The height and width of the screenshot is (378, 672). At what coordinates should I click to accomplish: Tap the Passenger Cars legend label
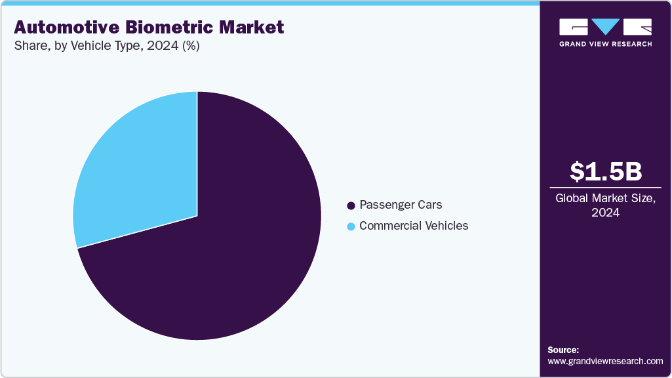coord(401,205)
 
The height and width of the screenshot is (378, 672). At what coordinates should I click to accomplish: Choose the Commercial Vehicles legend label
coord(414,226)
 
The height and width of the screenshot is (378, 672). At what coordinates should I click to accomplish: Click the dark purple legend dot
coord(351,206)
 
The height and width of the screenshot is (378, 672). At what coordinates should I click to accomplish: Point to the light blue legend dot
coord(351,226)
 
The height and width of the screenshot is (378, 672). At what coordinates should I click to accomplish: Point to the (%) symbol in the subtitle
coord(191,46)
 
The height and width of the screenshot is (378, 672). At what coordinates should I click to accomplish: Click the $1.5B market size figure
coord(605,171)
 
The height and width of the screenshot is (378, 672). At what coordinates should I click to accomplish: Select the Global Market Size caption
coord(605,198)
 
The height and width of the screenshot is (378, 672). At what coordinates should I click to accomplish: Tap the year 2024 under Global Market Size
coord(605,213)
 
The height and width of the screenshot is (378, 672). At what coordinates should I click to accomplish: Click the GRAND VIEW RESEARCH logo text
coord(605,44)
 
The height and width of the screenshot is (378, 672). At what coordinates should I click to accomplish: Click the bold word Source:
coord(563,350)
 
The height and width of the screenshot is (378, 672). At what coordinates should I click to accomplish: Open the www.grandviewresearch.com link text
coord(605,361)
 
